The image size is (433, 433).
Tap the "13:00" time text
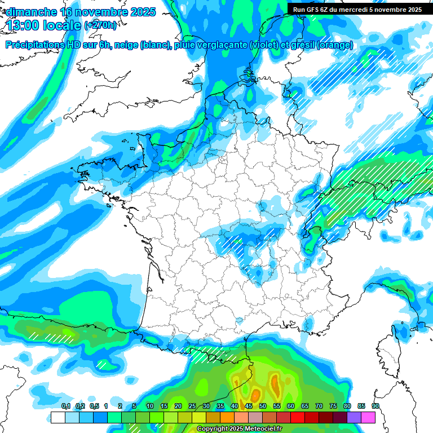coord(21,25)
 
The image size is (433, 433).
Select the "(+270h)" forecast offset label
coord(101,25)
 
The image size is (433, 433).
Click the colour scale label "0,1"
coord(66,407)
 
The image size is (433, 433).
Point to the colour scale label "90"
coord(375,407)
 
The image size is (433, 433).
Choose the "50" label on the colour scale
coord(263,407)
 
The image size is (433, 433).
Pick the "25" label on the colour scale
coord(192,407)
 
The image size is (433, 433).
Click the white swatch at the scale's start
coord(58,417)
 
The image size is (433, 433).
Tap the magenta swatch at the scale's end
coord(368,417)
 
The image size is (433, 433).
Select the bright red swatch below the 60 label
coord(298,417)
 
